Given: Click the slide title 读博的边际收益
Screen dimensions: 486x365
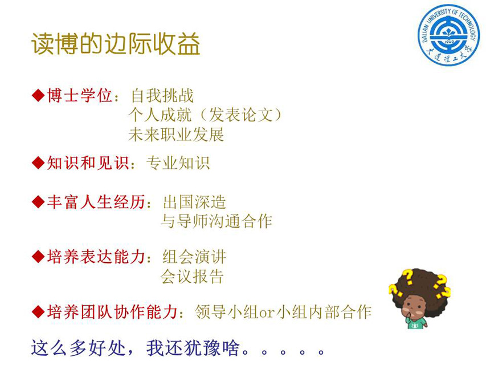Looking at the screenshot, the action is (116, 43).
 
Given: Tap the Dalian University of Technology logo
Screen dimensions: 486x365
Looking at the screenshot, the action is (448, 35).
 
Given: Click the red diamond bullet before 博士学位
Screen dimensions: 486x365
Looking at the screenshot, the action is (38, 95).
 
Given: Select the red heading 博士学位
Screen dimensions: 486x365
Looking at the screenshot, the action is (79, 95).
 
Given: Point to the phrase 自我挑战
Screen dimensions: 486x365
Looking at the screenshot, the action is (162, 95).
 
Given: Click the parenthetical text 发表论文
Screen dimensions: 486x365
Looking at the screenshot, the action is (241, 115).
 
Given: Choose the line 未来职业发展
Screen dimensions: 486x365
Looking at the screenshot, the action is (176, 135).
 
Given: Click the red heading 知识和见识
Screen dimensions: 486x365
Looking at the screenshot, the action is (88, 163).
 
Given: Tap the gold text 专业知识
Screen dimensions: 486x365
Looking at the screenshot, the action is (178, 163).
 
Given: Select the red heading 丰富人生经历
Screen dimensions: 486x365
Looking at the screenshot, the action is (96, 202).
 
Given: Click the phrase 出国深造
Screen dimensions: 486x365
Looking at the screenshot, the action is (194, 202).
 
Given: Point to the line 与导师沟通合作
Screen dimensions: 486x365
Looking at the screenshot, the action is (217, 221).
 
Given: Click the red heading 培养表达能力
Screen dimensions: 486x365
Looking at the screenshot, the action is (96, 257).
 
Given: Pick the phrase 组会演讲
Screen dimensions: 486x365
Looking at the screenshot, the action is (194, 257).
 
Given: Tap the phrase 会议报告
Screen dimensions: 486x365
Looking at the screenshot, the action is (192, 276).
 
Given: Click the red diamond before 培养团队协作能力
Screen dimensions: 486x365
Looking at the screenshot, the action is (38, 311).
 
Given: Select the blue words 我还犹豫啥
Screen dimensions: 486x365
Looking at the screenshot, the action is (193, 348).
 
